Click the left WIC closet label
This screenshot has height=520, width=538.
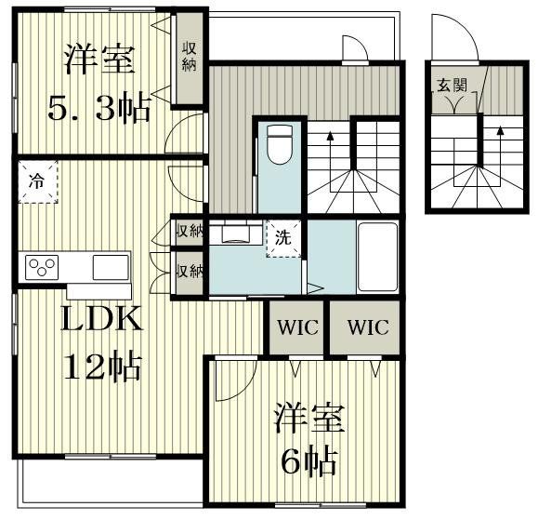[x=295, y=328]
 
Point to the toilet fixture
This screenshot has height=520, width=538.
[x=280, y=147]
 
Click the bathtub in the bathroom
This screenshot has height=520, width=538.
[x=378, y=257]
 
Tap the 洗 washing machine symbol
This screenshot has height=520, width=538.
[x=282, y=237]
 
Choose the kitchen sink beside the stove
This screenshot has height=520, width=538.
[x=110, y=267]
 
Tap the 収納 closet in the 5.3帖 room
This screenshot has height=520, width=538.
[x=189, y=58]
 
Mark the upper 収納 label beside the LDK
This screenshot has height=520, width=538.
[x=190, y=231]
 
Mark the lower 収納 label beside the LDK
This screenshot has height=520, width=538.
[x=190, y=271]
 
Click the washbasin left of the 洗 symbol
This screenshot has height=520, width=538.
[x=236, y=233]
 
